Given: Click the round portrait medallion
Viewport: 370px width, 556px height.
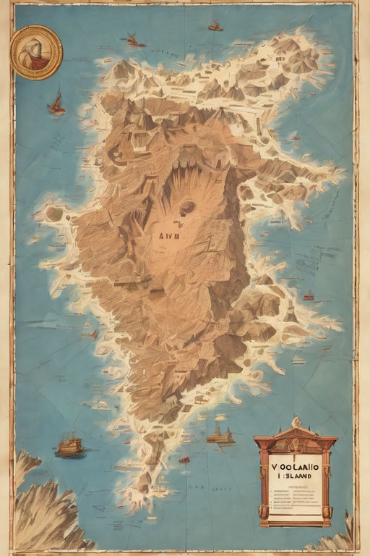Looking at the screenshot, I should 36,52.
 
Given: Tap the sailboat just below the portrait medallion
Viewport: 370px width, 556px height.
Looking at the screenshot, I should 56,104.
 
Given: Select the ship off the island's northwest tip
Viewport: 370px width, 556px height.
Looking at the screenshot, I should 133,41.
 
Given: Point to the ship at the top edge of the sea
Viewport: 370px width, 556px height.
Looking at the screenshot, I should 215,27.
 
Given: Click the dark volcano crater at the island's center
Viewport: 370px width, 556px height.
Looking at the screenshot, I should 187,207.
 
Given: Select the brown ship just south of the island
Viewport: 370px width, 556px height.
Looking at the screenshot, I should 220,436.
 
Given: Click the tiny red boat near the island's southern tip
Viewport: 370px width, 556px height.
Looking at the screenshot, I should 184,460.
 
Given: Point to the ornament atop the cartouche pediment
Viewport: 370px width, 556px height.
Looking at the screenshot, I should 296,422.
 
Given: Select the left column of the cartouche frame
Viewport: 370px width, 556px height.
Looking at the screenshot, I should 263,478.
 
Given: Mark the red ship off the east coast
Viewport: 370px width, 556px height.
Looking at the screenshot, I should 309,296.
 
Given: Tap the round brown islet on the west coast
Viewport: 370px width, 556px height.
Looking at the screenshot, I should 54,214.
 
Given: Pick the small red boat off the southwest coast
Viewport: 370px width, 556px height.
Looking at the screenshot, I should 93,334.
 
